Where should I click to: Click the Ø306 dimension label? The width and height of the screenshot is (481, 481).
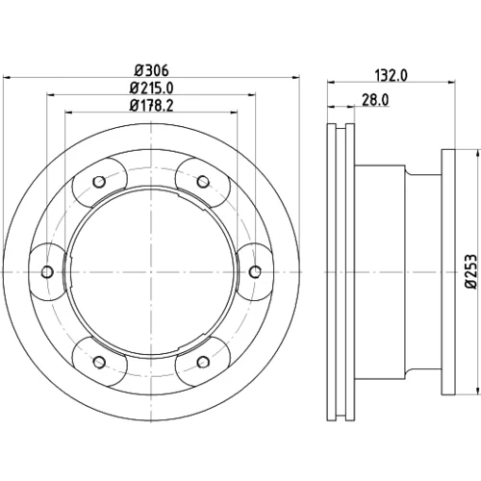(151, 70)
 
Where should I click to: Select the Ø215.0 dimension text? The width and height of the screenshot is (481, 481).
(151, 88)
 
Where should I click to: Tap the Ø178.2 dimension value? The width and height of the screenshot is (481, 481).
(151, 106)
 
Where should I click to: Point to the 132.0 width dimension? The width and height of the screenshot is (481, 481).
(391, 76)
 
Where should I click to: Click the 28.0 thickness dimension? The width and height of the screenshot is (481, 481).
(375, 100)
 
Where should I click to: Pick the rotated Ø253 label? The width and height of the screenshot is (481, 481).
(472, 271)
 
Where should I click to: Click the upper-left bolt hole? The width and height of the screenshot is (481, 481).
(99, 182)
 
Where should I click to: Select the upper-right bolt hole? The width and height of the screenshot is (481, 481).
(203, 182)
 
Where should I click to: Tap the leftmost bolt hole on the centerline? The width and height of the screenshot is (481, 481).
(47, 272)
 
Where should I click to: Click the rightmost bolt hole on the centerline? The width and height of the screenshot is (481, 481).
(255, 272)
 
